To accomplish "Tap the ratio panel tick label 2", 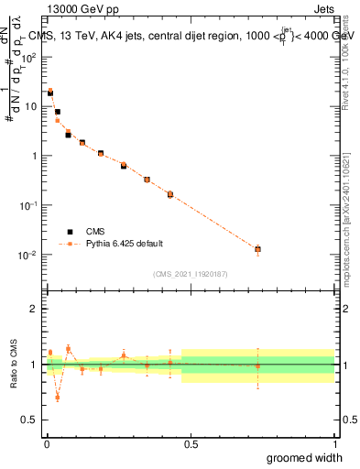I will [x=36, y=309].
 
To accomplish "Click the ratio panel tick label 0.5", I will [x=31, y=420].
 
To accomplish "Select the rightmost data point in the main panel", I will [x=257, y=249].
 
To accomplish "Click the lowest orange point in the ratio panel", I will [x=57, y=398].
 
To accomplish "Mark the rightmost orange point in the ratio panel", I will [x=257, y=366].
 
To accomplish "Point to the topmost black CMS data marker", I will [x=50, y=93].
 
